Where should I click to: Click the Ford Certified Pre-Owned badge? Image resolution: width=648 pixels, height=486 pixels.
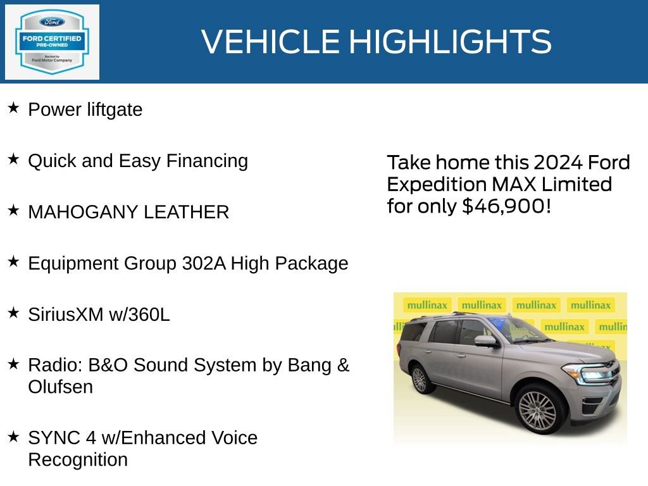tap(52, 42)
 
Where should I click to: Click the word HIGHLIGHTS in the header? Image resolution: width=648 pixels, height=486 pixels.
tap(451, 41)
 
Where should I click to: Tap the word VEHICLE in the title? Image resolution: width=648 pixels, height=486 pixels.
tap(271, 41)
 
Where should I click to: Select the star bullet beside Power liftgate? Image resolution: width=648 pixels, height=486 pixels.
tap(14, 108)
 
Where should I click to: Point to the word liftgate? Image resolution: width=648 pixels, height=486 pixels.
tap(115, 109)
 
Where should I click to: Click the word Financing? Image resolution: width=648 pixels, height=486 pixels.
tap(207, 161)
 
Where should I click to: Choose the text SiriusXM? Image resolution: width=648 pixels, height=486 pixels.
tap(66, 315)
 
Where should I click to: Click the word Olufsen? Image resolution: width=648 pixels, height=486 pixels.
tap(60, 387)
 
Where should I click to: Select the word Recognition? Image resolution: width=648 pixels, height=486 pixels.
tap(78, 460)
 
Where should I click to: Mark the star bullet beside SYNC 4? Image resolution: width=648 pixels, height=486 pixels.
tap(14, 436)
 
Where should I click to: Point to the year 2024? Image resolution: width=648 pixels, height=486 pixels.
tap(558, 162)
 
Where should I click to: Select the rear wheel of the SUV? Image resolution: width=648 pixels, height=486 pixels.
tap(420, 379)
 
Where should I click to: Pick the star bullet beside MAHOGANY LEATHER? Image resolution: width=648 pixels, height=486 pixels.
tap(14, 210)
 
